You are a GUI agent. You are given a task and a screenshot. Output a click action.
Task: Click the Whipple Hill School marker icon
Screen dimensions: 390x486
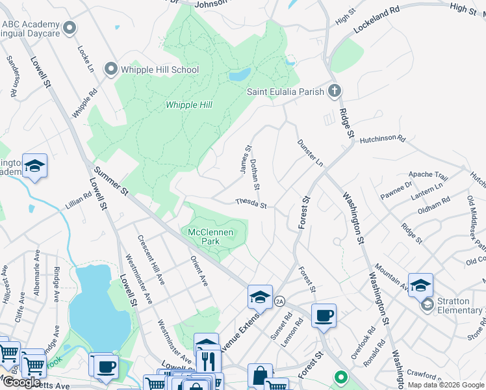click(110, 69)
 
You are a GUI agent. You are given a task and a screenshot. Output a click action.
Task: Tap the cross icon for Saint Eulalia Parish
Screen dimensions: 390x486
click(335, 92)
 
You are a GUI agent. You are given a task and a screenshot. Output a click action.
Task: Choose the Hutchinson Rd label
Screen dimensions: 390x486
click(382, 139)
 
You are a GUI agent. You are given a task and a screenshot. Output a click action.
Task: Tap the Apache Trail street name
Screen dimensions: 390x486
click(428, 175)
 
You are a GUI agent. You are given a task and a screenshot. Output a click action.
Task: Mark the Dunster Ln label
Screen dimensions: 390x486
click(310, 151)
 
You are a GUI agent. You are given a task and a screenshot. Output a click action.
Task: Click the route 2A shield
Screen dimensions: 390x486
click(279, 301)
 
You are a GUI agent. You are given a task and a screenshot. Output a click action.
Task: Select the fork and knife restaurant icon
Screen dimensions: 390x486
click(208, 359)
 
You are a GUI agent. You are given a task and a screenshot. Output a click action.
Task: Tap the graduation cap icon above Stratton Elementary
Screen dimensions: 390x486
click(420, 285)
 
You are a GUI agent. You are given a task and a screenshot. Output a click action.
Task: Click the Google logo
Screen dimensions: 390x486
click(21, 382)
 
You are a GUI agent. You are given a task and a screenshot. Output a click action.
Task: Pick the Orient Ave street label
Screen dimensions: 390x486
click(199, 270)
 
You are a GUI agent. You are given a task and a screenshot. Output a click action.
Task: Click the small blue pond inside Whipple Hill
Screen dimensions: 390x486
click(239, 75)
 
